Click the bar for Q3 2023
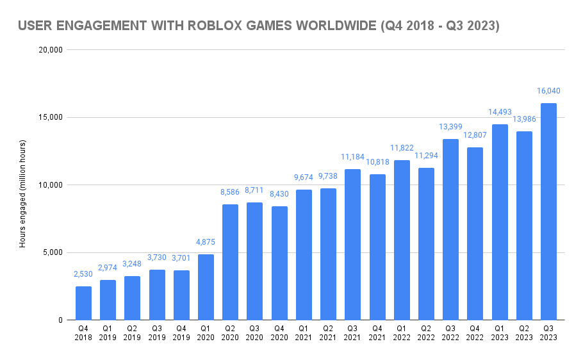click(548, 211)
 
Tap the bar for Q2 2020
click(230, 262)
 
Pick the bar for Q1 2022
click(402, 240)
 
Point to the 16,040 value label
click(548, 91)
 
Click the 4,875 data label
click(206, 241)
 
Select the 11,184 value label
click(352, 157)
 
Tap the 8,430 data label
click(279, 194)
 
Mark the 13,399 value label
click(450, 127)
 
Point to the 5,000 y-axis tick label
click(51, 252)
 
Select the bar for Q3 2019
click(157, 295)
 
